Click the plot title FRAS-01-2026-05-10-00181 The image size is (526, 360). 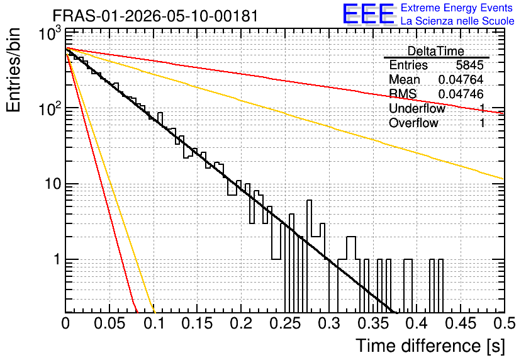pyautogui.click(x=155, y=16)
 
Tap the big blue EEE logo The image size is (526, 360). pyautogui.click(x=369, y=14)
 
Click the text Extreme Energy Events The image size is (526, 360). pyautogui.click(x=457, y=8)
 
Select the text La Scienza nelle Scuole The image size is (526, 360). pyautogui.click(x=457, y=21)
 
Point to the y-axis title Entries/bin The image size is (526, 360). pyautogui.click(x=13, y=70)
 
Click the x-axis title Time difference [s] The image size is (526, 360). pyautogui.click(x=430, y=346)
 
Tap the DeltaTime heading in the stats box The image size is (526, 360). pyautogui.click(x=436, y=51)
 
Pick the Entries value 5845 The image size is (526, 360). pyautogui.click(x=469, y=65)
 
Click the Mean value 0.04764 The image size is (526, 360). pyautogui.click(x=461, y=79)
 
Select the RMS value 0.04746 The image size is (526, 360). pyautogui.click(x=461, y=94)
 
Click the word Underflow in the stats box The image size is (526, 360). pyautogui.click(x=417, y=108)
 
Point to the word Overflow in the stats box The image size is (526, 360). pyautogui.click(x=413, y=123)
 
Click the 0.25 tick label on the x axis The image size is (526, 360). pyautogui.click(x=285, y=323)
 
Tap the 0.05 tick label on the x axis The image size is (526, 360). pyautogui.click(x=109, y=323)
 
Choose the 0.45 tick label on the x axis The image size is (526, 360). pyautogui.click(x=461, y=323)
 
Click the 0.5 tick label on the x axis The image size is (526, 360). pyautogui.click(x=504, y=323)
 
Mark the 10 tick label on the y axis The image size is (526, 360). pyautogui.click(x=53, y=184)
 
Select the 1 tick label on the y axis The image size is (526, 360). pyautogui.click(x=57, y=259)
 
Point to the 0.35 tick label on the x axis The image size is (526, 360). pyautogui.click(x=372, y=323)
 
